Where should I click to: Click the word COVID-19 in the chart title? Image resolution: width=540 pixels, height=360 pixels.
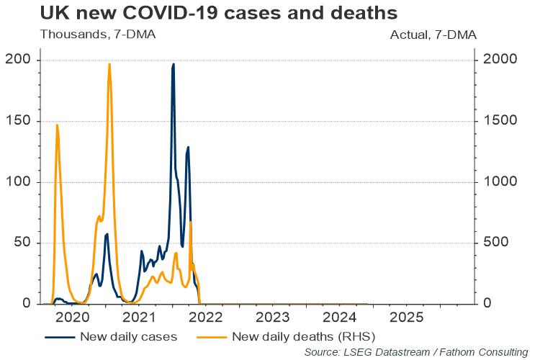170,13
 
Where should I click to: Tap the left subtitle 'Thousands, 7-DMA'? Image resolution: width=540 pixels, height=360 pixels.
98,35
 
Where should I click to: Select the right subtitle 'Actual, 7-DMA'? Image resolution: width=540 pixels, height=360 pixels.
433,35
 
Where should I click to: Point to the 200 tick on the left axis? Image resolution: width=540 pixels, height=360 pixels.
18,59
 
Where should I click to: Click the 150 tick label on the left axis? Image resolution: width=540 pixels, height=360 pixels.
18,120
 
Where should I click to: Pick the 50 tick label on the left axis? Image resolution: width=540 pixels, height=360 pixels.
22,242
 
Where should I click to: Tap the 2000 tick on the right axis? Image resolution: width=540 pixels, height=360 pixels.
500,59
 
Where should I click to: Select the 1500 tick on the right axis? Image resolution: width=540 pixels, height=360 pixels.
500,120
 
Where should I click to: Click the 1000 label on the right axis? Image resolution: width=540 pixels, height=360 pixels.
500,181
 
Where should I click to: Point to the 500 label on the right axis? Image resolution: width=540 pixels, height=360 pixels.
496,242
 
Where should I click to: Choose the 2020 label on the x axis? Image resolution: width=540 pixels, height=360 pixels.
72,318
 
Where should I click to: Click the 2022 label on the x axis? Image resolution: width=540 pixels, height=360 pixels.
206,318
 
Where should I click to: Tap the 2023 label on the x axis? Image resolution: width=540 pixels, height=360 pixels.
273,318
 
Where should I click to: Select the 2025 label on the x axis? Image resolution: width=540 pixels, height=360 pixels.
406,318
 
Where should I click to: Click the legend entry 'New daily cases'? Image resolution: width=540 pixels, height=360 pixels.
111,336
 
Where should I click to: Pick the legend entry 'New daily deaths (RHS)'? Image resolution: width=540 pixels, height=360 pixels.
286,336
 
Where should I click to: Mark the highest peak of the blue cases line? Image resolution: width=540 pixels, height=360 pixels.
174,64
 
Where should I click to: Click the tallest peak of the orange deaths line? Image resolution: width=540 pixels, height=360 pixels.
109,64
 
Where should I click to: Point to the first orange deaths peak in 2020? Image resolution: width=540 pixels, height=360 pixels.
57,125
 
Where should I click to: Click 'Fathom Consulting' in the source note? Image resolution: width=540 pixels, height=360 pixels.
484,352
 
